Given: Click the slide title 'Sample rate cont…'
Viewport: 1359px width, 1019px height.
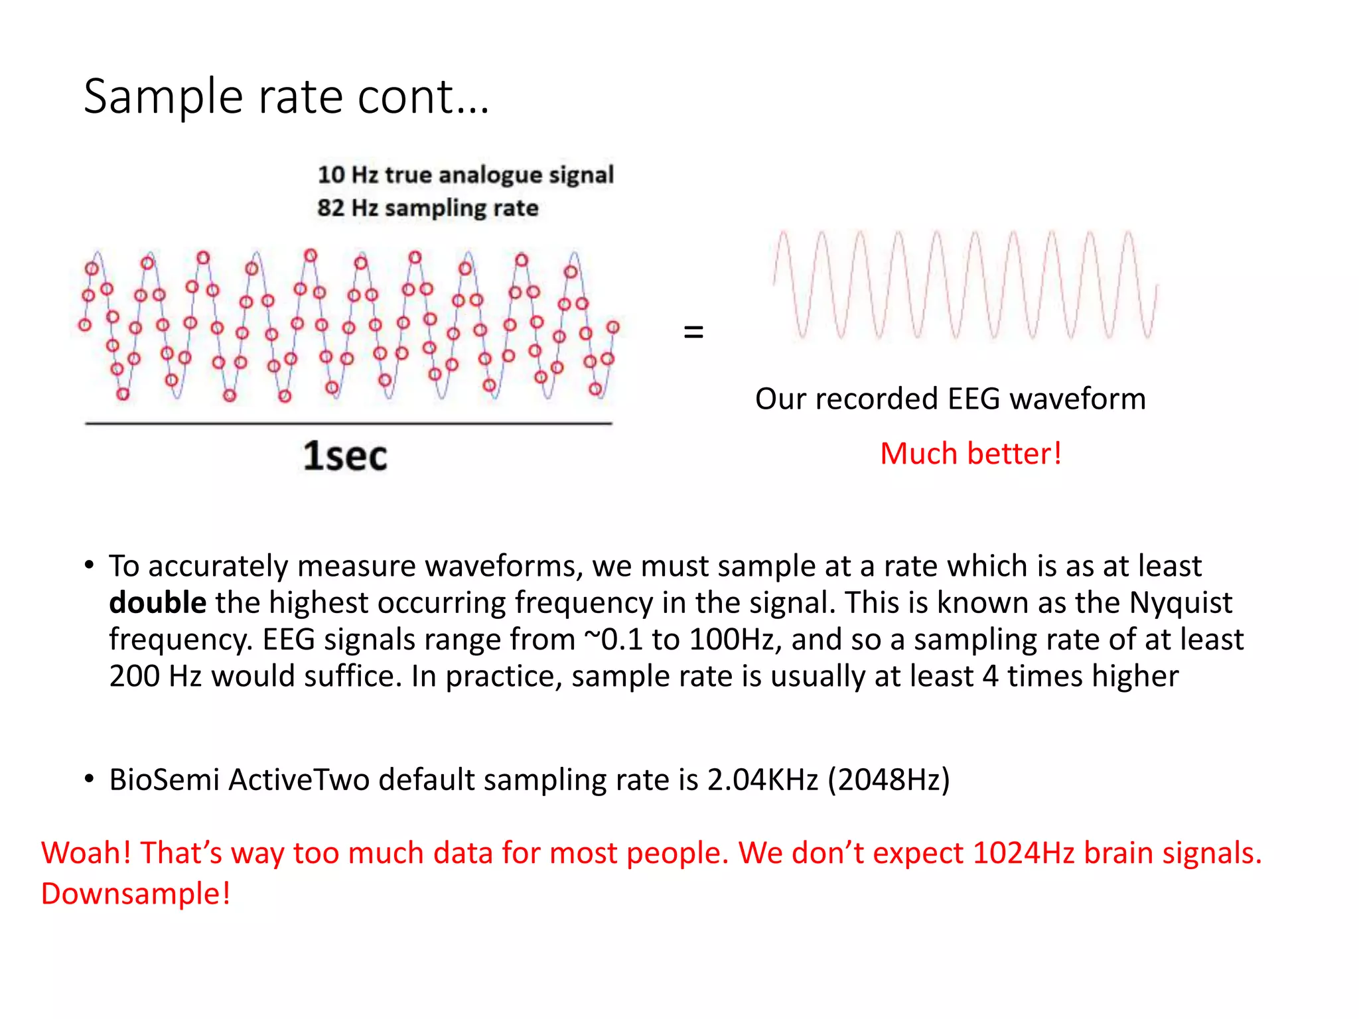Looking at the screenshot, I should pyautogui.click(x=286, y=98).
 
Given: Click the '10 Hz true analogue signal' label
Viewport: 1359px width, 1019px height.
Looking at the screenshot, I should pyautogui.click(x=465, y=174).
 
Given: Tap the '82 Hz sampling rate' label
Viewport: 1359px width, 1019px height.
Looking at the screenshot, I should pyautogui.click(x=427, y=208).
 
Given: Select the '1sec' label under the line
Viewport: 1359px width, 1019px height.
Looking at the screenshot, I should pyautogui.click(x=345, y=456).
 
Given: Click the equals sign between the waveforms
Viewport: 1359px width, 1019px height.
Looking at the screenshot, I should pyautogui.click(x=693, y=332).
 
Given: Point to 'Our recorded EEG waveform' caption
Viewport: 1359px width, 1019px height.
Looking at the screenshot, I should pyautogui.click(x=950, y=399).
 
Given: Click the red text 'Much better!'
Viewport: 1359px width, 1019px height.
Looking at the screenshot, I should pyautogui.click(x=970, y=454).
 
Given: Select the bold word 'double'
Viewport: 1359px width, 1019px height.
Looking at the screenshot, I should pyautogui.click(x=157, y=603).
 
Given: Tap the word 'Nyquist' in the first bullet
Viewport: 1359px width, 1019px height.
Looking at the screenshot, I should pyautogui.click(x=1180, y=603).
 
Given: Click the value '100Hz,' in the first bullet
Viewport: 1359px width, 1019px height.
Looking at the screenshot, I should pyautogui.click(x=735, y=640).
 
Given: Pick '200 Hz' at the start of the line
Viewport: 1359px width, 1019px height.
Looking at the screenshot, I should pyautogui.click(x=155, y=677).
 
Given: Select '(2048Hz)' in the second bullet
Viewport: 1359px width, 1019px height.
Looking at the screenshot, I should pyautogui.click(x=889, y=780).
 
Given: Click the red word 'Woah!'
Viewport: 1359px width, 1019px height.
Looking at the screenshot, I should pyautogui.click(x=86, y=853).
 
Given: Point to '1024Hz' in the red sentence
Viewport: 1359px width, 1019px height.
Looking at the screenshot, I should pyautogui.click(x=1023, y=853).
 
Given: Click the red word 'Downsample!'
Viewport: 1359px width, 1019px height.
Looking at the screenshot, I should pyautogui.click(x=135, y=894).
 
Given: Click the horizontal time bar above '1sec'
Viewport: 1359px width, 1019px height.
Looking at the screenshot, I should pyautogui.click(x=348, y=423).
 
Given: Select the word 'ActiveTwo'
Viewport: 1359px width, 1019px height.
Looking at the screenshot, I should pyautogui.click(x=299, y=780).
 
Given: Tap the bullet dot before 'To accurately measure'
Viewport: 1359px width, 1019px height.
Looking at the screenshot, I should pyautogui.click(x=89, y=565).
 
